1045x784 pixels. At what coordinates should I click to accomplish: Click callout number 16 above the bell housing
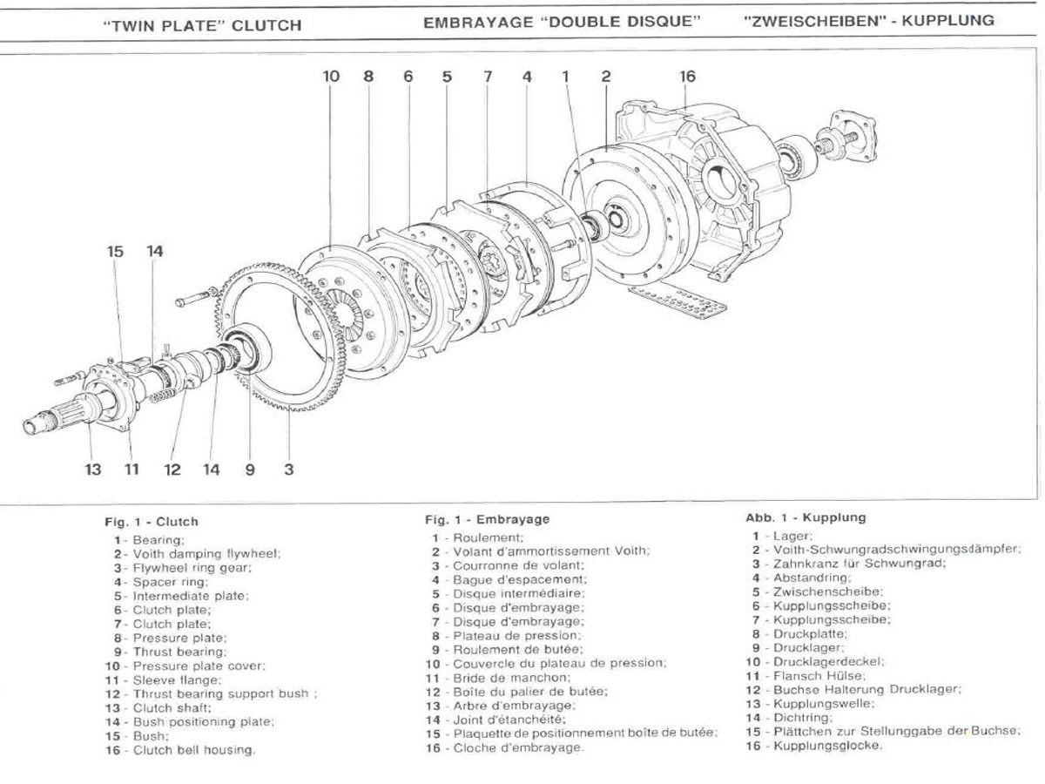coord(687,76)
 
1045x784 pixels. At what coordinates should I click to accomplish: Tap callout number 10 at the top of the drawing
coord(331,76)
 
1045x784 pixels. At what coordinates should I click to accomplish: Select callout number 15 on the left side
coord(115,252)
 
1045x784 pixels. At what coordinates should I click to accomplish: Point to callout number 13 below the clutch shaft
coord(93,470)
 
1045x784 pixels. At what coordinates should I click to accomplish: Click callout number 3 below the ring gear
coord(289,470)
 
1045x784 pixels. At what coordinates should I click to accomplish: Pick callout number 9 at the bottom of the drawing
coord(250,470)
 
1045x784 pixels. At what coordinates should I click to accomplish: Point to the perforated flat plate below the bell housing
coord(677,301)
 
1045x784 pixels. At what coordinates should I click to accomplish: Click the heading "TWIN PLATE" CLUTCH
coord(202,25)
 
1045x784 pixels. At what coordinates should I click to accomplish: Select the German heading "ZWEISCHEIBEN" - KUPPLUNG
coord(869,21)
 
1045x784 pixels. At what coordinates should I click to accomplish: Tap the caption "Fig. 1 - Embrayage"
coord(487,519)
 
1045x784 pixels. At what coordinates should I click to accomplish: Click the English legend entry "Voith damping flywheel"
coord(206,554)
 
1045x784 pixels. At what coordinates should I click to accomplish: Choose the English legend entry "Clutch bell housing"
coord(194,750)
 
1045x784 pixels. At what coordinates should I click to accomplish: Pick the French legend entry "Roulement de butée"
coord(517,650)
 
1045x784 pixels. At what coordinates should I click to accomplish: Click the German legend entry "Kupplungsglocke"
coord(827,746)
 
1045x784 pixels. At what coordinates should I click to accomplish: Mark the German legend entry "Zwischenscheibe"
coord(828,591)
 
